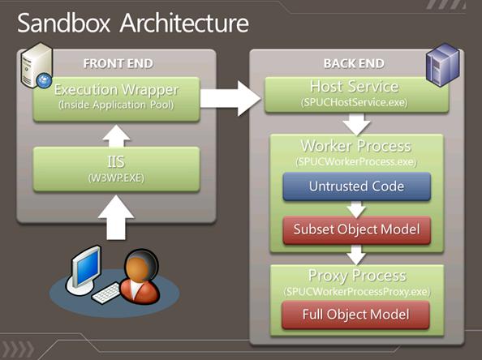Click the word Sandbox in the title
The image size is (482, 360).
(63, 23)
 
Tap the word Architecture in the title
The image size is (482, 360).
(184, 23)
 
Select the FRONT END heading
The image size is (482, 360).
(118, 63)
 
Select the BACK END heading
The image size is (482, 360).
(354, 63)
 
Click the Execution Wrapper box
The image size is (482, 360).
(117, 99)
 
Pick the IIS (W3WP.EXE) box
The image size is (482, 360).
(117, 169)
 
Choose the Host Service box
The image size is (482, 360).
(356, 95)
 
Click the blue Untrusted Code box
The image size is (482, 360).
(356, 186)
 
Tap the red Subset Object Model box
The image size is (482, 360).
(356, 229)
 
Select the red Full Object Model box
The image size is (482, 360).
(355, 315)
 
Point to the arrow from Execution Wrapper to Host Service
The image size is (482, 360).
(230, 99)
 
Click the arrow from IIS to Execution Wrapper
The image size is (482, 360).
(116, 136)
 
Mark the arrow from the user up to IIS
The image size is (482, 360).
(116, 218)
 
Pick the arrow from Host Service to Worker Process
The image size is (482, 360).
(356, 124)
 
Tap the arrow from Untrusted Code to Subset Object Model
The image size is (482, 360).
(356, 209)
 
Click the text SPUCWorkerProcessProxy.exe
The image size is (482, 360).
(357, 291)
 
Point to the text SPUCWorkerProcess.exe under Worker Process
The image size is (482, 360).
(356, 161)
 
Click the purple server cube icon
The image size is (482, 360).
(443, 65)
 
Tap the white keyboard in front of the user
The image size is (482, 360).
(106, 293)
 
